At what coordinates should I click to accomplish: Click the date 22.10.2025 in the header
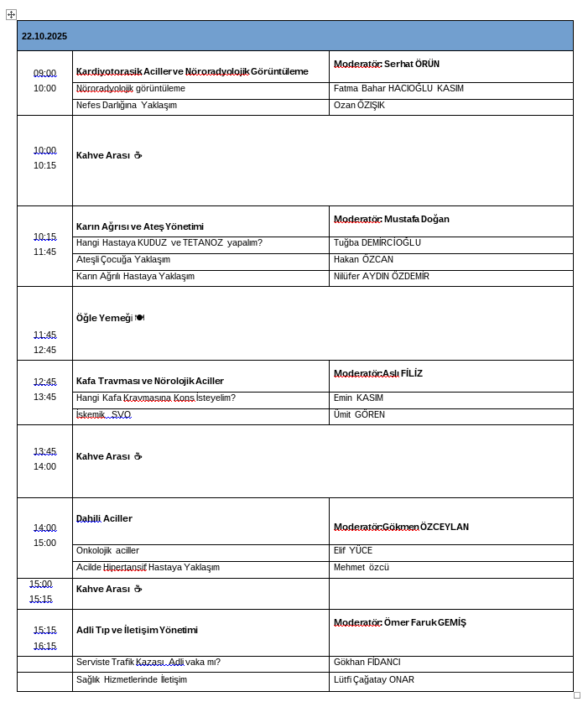point(44,36)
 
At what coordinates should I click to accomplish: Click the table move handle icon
point(11,14)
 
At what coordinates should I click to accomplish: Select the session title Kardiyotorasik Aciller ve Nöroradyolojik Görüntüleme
point(192,72)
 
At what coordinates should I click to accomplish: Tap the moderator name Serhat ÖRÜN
point(412,64)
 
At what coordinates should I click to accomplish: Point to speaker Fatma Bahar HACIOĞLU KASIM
point(398,88)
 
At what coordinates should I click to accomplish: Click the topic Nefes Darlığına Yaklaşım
point(127,105)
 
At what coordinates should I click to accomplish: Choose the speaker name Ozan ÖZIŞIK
point(359,105)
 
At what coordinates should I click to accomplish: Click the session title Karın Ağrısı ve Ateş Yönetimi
point(140,226)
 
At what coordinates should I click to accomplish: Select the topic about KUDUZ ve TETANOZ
point(169,242)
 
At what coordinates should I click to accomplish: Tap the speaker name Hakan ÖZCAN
point(363,259)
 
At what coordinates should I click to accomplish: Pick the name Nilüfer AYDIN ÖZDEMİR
point(382,276)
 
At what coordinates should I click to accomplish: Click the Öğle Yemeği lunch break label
point(105,318)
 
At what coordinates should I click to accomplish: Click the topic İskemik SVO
point(104,414)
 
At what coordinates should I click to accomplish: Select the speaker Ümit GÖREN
point(359,414)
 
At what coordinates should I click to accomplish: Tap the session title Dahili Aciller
point(104,518)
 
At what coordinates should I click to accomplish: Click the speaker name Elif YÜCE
point(353,550)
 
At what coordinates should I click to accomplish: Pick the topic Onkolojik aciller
point(107,550)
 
